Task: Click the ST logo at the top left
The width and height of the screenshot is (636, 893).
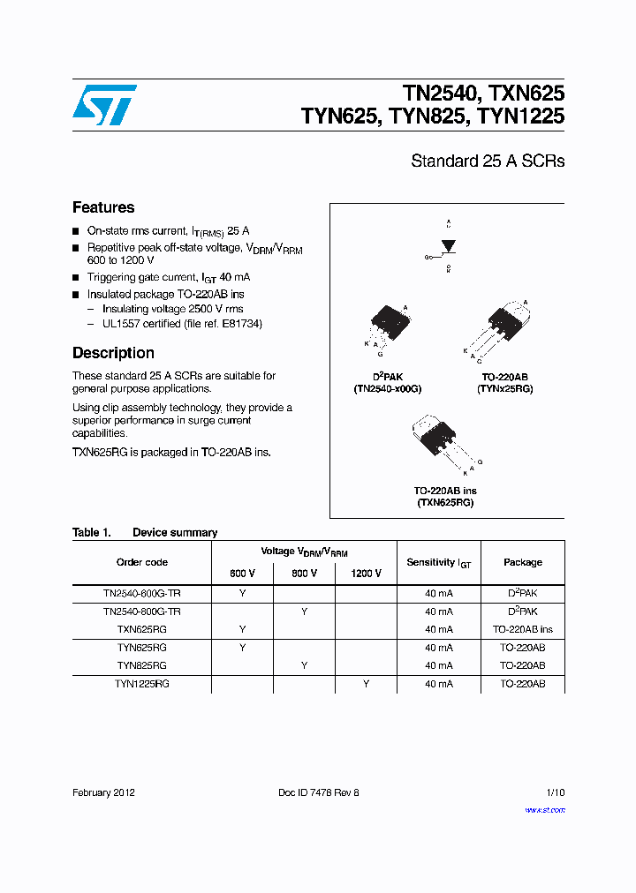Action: (x=104, y=105)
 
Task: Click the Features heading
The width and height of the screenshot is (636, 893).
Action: (x=103, y=207)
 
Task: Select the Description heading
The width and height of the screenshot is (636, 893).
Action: (x=113, y=353)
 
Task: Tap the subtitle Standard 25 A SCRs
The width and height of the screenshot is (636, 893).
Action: (x=488, y=161)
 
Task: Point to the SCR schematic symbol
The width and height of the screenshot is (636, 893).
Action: (x=447, y=246)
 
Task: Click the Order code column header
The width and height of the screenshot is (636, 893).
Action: (x=141, y=562)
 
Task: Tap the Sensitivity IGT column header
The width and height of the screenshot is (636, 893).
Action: (x=439, y=562)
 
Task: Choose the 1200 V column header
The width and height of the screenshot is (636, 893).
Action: (x=366, y=573)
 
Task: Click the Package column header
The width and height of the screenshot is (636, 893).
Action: (x=523, y=562)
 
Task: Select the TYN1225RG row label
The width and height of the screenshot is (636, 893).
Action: (x=141, y=684)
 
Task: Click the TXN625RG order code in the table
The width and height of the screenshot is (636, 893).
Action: (x=141, y=629)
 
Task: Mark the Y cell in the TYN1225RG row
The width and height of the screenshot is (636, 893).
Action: (x=366, y=684)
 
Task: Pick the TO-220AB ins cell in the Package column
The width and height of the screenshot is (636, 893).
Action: (x=523, y=629)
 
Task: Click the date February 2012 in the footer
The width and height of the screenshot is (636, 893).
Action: (x=103, y=792)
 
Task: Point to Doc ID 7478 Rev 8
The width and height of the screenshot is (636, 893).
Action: (x=318, y=792)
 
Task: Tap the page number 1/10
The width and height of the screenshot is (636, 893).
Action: (x=554, y=792)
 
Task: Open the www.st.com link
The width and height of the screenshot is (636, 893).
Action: (x=545, y=809)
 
